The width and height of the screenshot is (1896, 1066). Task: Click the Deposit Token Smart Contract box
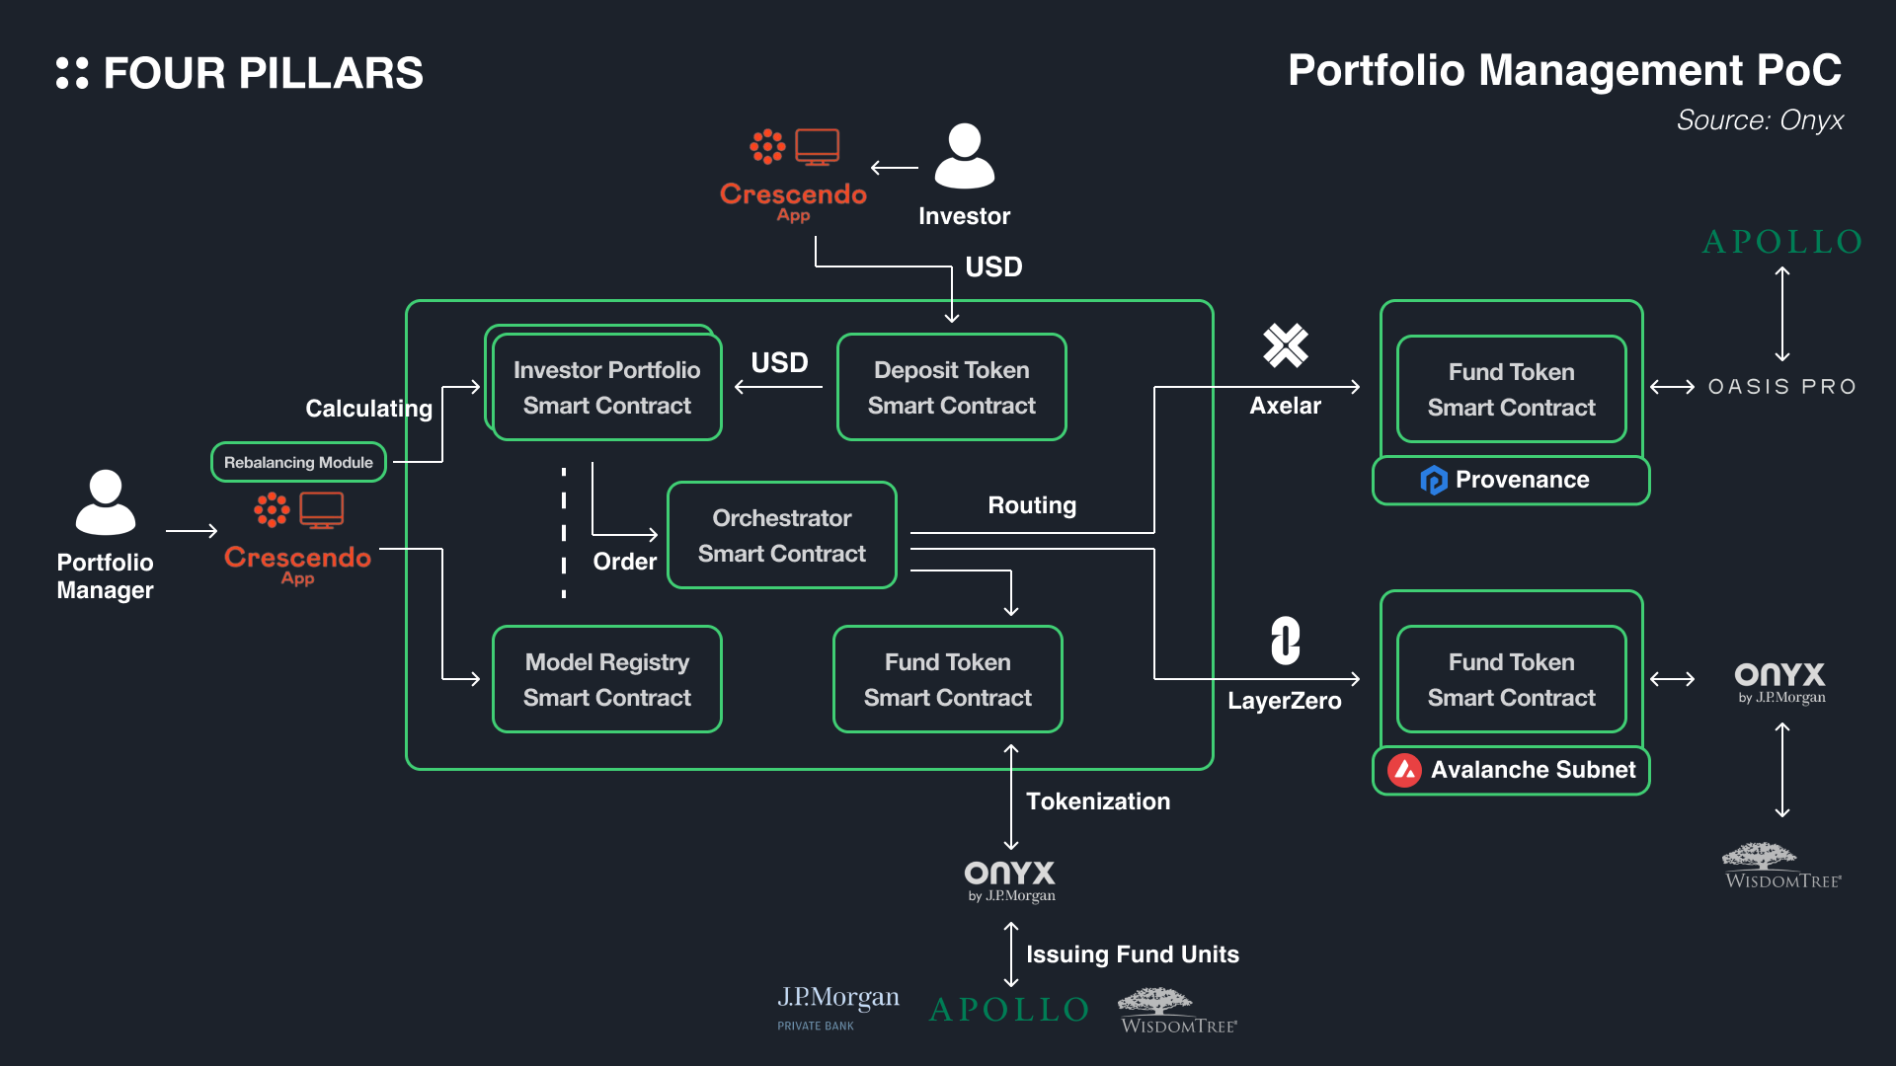951,387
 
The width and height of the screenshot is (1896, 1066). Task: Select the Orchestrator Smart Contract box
781,535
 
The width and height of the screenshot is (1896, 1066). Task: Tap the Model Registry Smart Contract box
606,679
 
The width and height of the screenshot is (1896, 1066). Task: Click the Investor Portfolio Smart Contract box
606,387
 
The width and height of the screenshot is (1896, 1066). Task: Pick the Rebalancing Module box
298,462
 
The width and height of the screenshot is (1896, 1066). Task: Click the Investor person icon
964,156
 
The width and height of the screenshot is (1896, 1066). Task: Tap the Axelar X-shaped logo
1285,345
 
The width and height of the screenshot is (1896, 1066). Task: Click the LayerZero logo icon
1285,641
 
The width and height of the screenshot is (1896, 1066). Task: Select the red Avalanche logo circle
1404,770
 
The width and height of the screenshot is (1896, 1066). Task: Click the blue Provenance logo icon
1433,480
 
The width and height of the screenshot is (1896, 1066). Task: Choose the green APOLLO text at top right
1781,242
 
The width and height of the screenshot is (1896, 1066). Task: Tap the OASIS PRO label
1781,387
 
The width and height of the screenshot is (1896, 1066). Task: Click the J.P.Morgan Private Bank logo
837,1007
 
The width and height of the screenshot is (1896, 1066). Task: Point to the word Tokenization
1097,801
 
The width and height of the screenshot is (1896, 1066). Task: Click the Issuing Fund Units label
1132,954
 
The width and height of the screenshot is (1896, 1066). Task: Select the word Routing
1032,505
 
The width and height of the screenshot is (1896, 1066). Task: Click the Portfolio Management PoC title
1564,71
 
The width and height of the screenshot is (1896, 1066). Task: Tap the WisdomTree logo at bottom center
1178,1011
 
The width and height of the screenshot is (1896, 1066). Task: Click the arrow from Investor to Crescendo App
895,168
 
